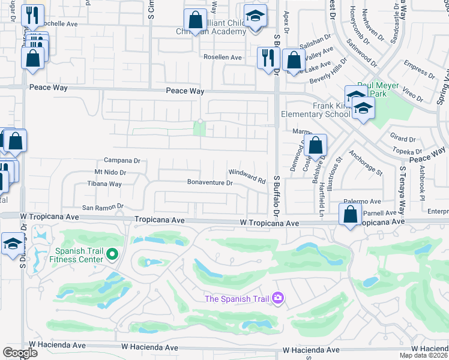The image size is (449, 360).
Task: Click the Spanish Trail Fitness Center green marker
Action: (112, 256)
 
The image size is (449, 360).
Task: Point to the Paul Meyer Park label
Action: (378, 90)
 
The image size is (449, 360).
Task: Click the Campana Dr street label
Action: (122, 161)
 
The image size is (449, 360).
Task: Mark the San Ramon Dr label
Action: (103, 207)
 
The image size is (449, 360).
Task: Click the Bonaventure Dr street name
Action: (209, 182)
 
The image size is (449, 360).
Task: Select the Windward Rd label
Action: (247, 175)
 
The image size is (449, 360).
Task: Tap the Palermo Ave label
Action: (362, 202)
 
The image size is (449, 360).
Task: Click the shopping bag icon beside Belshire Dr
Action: (315, 145)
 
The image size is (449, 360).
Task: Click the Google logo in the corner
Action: (20, 353)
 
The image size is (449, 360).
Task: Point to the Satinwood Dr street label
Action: (362, 54)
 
